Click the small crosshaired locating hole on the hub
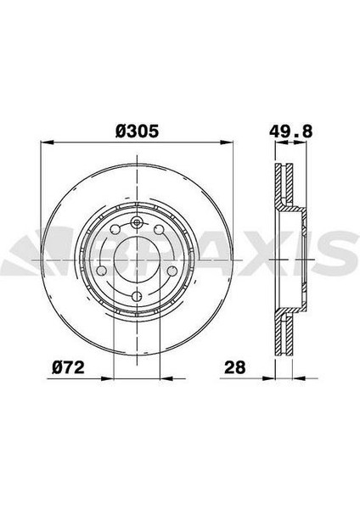tap(135, 223)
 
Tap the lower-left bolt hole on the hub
tap(103, 270)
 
